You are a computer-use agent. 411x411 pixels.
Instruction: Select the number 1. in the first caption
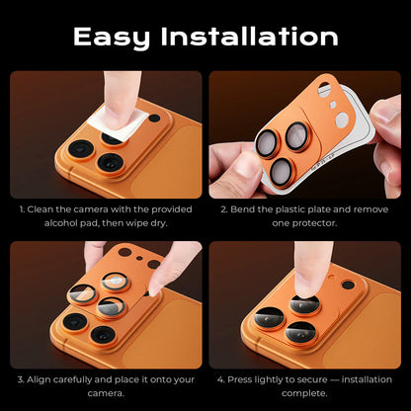(x=22, y=209)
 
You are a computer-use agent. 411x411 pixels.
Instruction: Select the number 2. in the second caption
(x=223, y=209)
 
